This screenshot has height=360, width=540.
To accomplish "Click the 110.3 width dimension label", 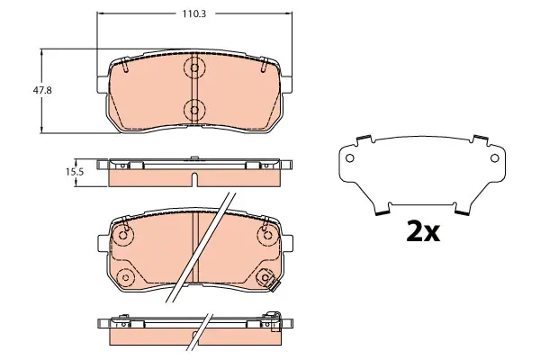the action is click(x=193, y=13).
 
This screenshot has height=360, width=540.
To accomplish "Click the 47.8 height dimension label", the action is click(x=42, y=90).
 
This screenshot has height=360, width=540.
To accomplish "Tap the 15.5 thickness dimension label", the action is click(x=75, y=172).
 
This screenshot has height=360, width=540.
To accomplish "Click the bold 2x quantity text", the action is click(x=423, y=232).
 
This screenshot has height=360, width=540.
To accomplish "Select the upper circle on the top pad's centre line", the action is click(x=194, y=67).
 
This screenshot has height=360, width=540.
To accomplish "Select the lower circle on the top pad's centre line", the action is click(x=194, y=110).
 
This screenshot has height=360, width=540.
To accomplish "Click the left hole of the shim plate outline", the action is click(x=349, y=158).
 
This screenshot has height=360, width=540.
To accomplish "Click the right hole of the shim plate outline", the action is click(x=494, y=158).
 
